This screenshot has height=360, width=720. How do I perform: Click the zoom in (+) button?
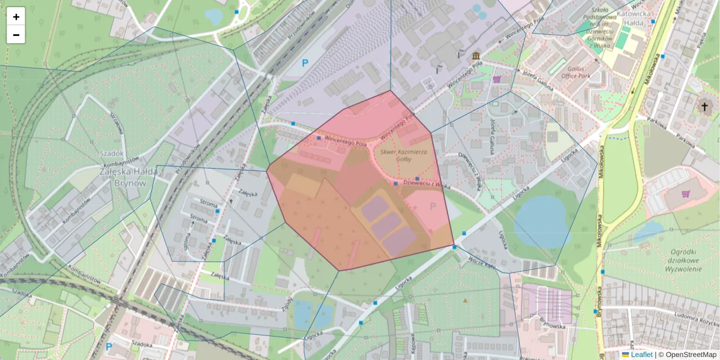[16, 17]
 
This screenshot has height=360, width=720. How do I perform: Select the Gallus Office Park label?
[576, 72]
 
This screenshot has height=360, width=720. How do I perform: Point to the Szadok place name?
[112, 153]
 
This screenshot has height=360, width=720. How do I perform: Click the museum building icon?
[476, 56]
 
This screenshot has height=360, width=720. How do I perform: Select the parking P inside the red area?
[433, 207]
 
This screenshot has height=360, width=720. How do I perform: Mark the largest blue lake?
[541, 222]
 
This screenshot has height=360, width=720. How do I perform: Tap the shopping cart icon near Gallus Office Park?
[497, 79]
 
